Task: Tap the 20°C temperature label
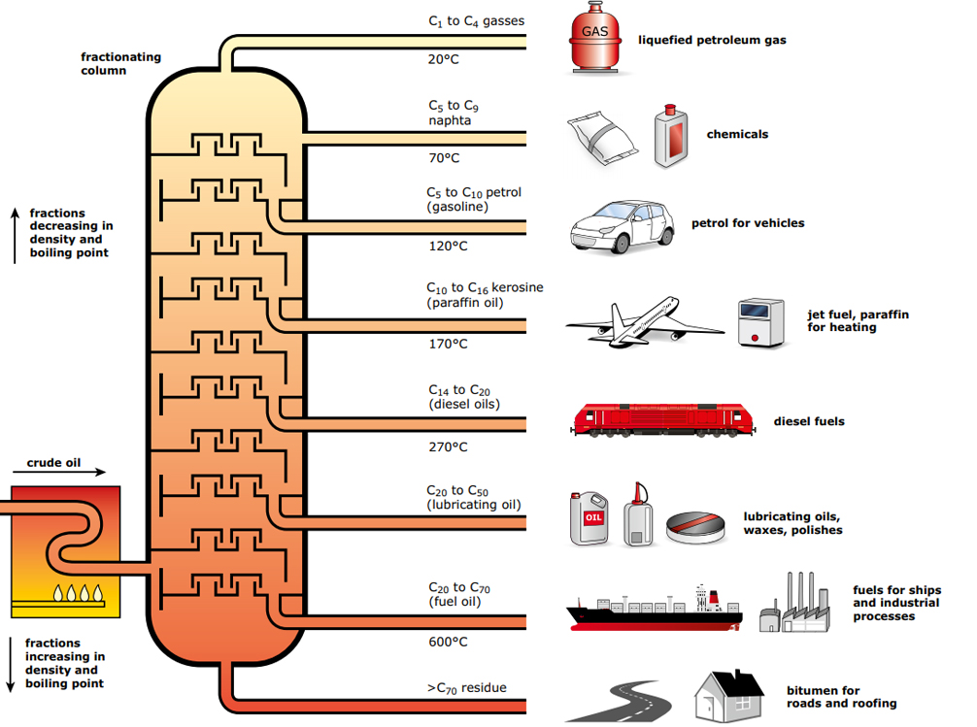point(443,59)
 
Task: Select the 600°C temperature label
point(448,642)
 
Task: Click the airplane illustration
point(644,324)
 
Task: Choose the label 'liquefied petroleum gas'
point(712,40)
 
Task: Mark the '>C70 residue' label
point(467,688)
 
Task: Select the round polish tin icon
point(696,525)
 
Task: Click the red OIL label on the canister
point(591,518)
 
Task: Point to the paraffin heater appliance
point(760,322)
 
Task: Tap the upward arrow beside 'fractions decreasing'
point(16,234)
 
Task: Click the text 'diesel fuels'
point(809,421)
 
